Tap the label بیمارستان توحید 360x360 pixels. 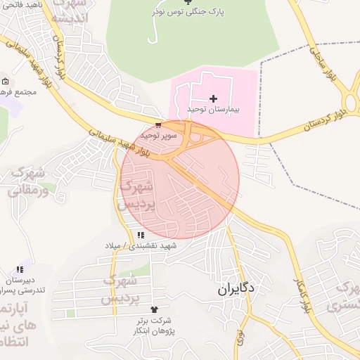(x=214, y=110)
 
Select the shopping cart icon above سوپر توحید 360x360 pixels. (x=157, y=124)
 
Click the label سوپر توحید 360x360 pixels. (x=153, y=134)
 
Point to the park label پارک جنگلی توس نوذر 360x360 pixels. (x=187, y=12)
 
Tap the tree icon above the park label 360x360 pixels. (x=187, y=2)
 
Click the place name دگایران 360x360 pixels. (x=236, y=288)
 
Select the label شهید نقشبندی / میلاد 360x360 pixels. (x=149, y=245)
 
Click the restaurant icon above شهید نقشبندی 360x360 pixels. (x=141, y=235)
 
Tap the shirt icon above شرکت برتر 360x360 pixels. (x=154, y=309)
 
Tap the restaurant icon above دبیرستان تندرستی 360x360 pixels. (x=20, y=269)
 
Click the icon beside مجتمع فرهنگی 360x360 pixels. (x=5, y=82)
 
